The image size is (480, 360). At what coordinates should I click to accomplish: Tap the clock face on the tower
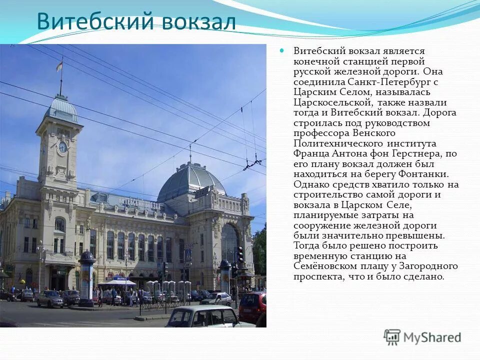coord(62,147)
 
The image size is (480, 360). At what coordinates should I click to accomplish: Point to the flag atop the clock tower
coord(59,65)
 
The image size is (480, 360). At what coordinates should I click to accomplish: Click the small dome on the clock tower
coord(61,109)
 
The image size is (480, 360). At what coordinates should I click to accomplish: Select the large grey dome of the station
coord(191,180)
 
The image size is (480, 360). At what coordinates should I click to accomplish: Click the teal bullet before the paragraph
coord(281,50)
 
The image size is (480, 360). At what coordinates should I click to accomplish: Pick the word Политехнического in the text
coord(340,143)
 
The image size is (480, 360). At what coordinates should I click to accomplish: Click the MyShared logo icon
coord(392,337)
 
